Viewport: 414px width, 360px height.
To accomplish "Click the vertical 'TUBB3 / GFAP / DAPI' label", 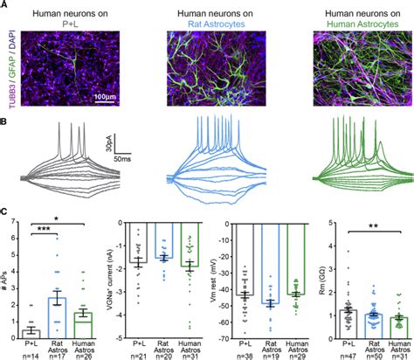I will (x=8, y=70).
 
